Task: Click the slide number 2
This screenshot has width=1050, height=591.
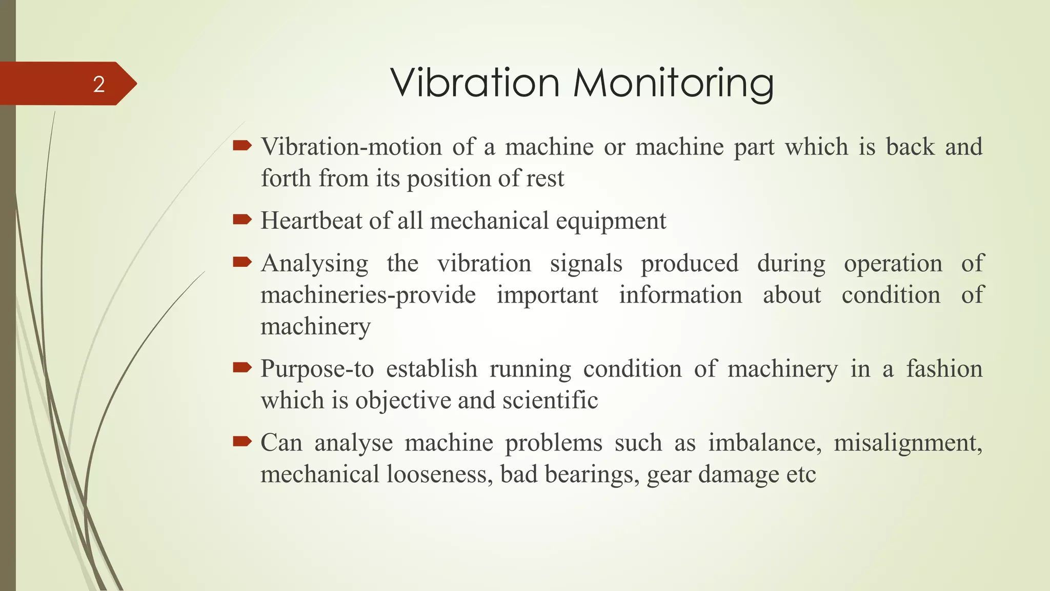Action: click(99, 84)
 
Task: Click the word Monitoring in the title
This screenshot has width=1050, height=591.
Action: click(673, 83)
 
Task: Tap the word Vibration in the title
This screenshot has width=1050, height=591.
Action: click(475, 83)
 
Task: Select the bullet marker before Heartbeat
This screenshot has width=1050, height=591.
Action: click(242, 220)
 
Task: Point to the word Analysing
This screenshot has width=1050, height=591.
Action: click(314, 264)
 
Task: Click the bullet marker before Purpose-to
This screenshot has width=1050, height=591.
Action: click(242, 367)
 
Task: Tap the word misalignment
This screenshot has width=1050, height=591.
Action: click(907, 443)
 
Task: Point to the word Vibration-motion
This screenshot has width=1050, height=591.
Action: click(351, 147)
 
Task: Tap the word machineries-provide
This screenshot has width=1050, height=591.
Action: click(368, 295)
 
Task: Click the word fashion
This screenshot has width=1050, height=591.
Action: click(944, 369)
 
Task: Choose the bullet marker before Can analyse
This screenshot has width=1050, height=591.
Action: click(242, 441)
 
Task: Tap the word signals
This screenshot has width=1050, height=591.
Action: click(586, 264)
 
